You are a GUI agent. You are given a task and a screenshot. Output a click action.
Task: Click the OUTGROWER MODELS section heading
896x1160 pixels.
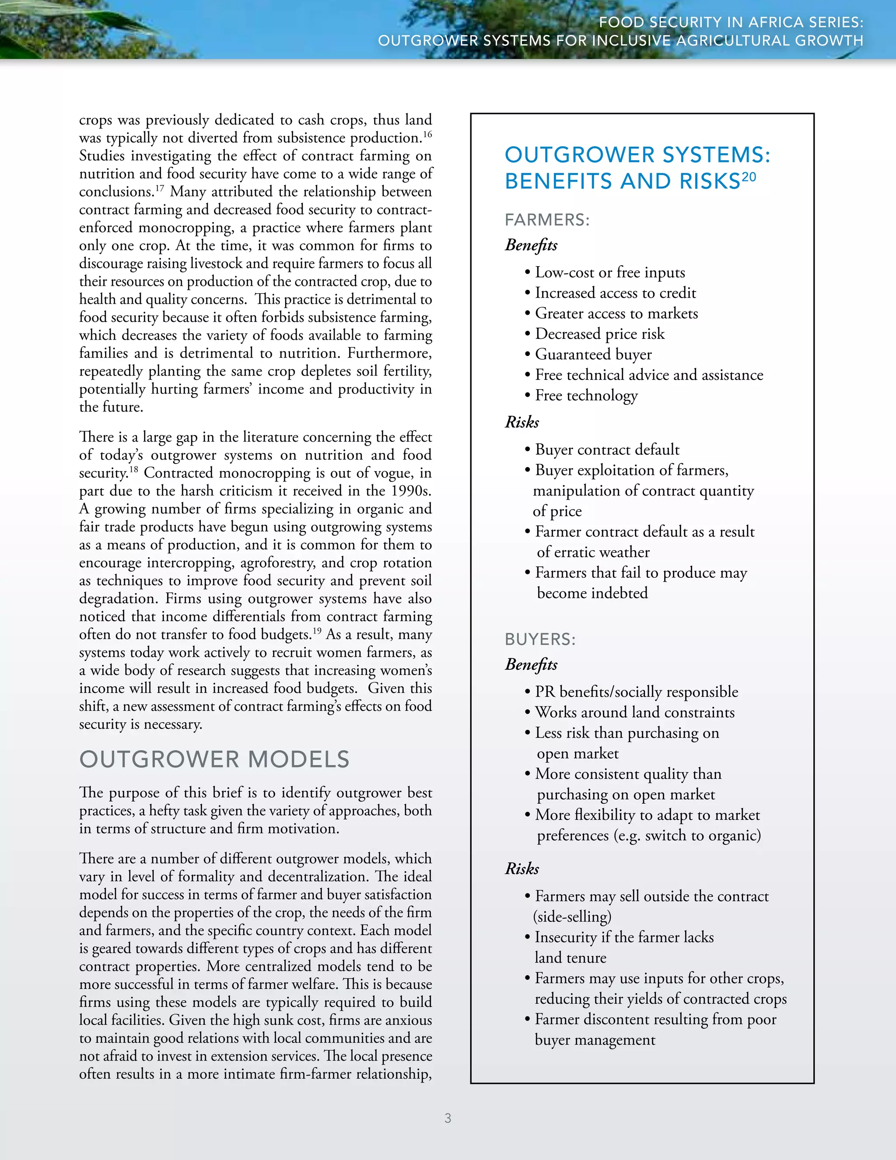pos(214,759)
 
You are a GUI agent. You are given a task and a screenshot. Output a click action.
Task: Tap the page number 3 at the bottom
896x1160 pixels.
pos(448,1118)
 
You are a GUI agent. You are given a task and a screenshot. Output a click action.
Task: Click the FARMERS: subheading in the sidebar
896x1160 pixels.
pos(547,220)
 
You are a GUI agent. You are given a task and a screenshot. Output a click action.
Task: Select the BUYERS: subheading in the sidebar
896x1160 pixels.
pos(540,640)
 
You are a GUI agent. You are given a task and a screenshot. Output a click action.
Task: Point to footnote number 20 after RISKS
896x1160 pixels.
pos(749,177)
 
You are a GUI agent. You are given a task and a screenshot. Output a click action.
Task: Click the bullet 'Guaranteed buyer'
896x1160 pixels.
pos(593,354)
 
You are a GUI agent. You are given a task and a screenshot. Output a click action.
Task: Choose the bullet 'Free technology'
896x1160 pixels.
pos(586,395)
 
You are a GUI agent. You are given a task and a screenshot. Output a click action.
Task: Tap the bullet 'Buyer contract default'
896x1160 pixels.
pos(607,450)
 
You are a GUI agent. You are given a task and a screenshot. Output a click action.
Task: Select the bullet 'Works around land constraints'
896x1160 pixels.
pos(634,712)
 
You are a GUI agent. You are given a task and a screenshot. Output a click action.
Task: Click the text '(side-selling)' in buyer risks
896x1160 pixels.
pos(572,917)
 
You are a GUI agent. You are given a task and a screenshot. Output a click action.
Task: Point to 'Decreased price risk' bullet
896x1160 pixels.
pos(599,334)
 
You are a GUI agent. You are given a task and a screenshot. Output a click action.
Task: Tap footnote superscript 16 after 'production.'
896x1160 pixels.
pos(427,134)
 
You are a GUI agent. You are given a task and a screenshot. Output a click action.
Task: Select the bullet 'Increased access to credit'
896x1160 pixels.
pos(615,293)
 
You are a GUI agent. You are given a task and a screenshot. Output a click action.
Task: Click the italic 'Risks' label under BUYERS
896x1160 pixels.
pos(522,868)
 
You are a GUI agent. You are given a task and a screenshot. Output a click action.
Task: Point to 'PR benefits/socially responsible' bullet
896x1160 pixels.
pos(636,692)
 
